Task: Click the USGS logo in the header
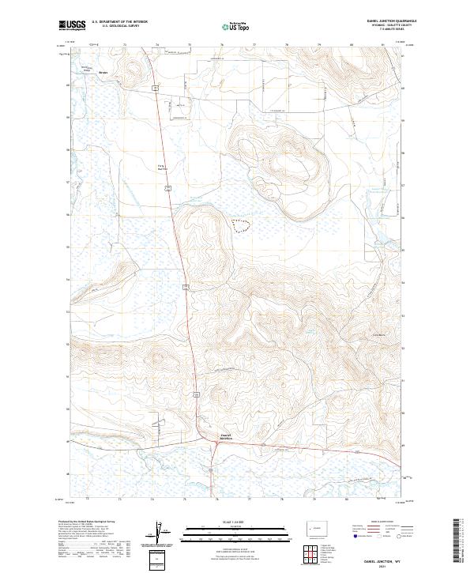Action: (x=72, y=25)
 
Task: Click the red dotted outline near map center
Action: (x=241, y=225)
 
